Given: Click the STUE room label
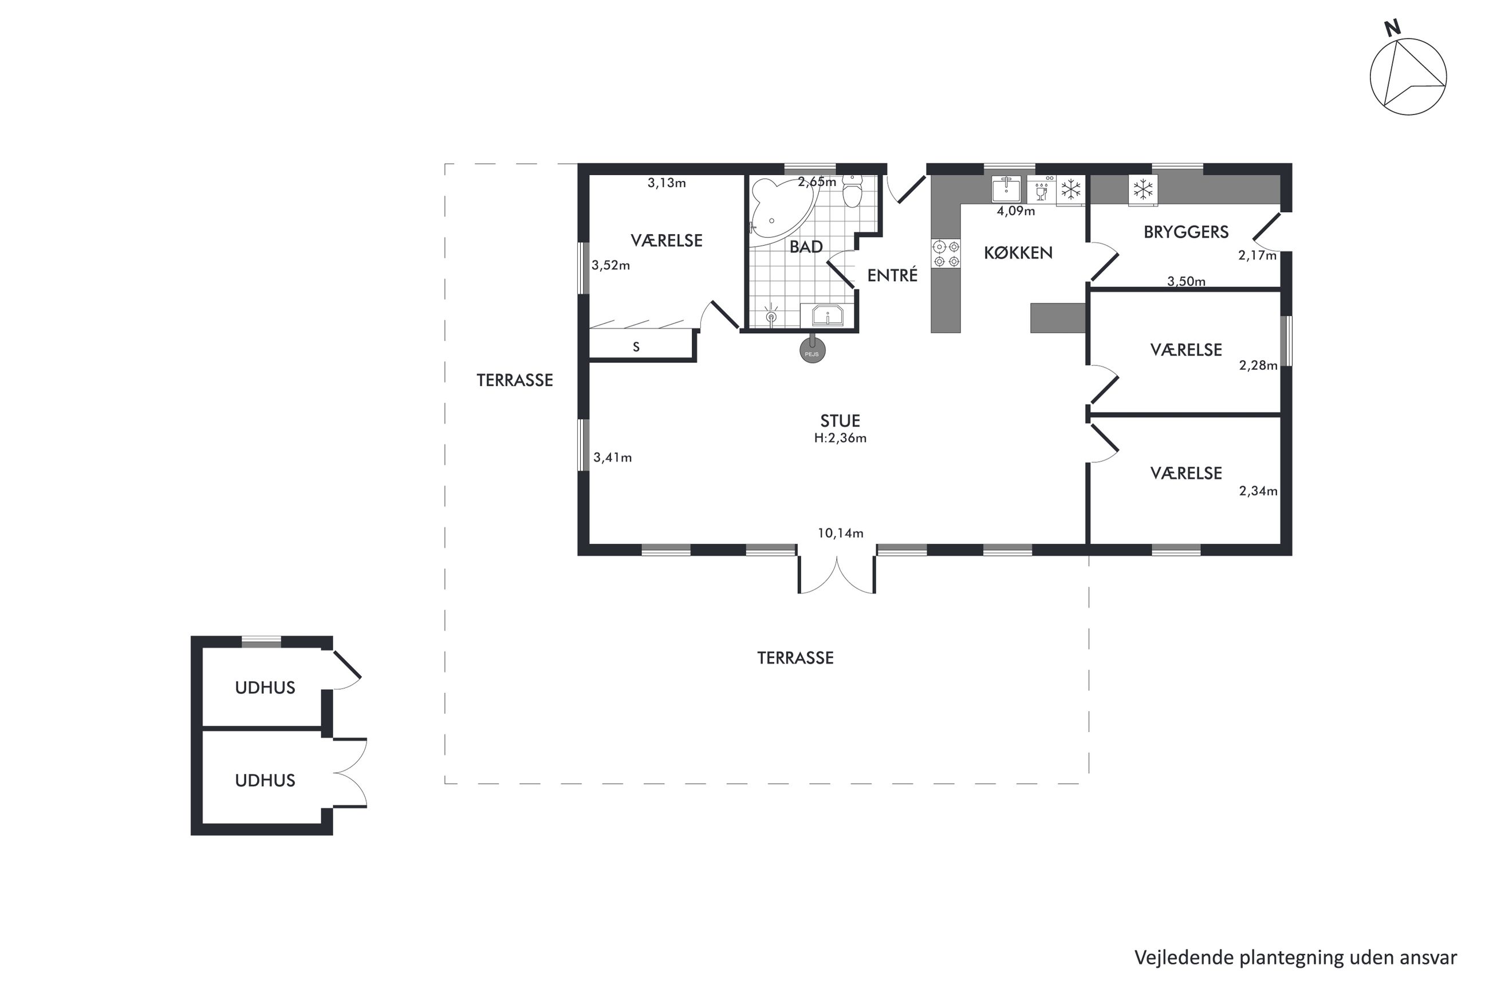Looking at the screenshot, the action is (840, 421).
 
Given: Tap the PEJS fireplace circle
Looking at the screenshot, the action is (813, 350).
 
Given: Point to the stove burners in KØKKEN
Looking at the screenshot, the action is (946, 253).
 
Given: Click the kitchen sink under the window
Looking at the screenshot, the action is (1006, 188).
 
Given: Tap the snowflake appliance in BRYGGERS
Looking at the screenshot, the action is (1143, 189).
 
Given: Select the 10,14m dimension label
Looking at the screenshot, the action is (840, 533).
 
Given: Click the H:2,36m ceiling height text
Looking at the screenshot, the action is (840, 438).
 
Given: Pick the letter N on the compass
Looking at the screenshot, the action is (1392, 28).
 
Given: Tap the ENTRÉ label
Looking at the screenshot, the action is (892, 275).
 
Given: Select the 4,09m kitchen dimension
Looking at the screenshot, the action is (1015, 211).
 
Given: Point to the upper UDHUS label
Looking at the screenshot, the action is (265, 687).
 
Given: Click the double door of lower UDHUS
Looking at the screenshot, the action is (349, 773).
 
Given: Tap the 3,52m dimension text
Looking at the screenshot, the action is (610, 266).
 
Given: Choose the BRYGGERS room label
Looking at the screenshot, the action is (1186, 232).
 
